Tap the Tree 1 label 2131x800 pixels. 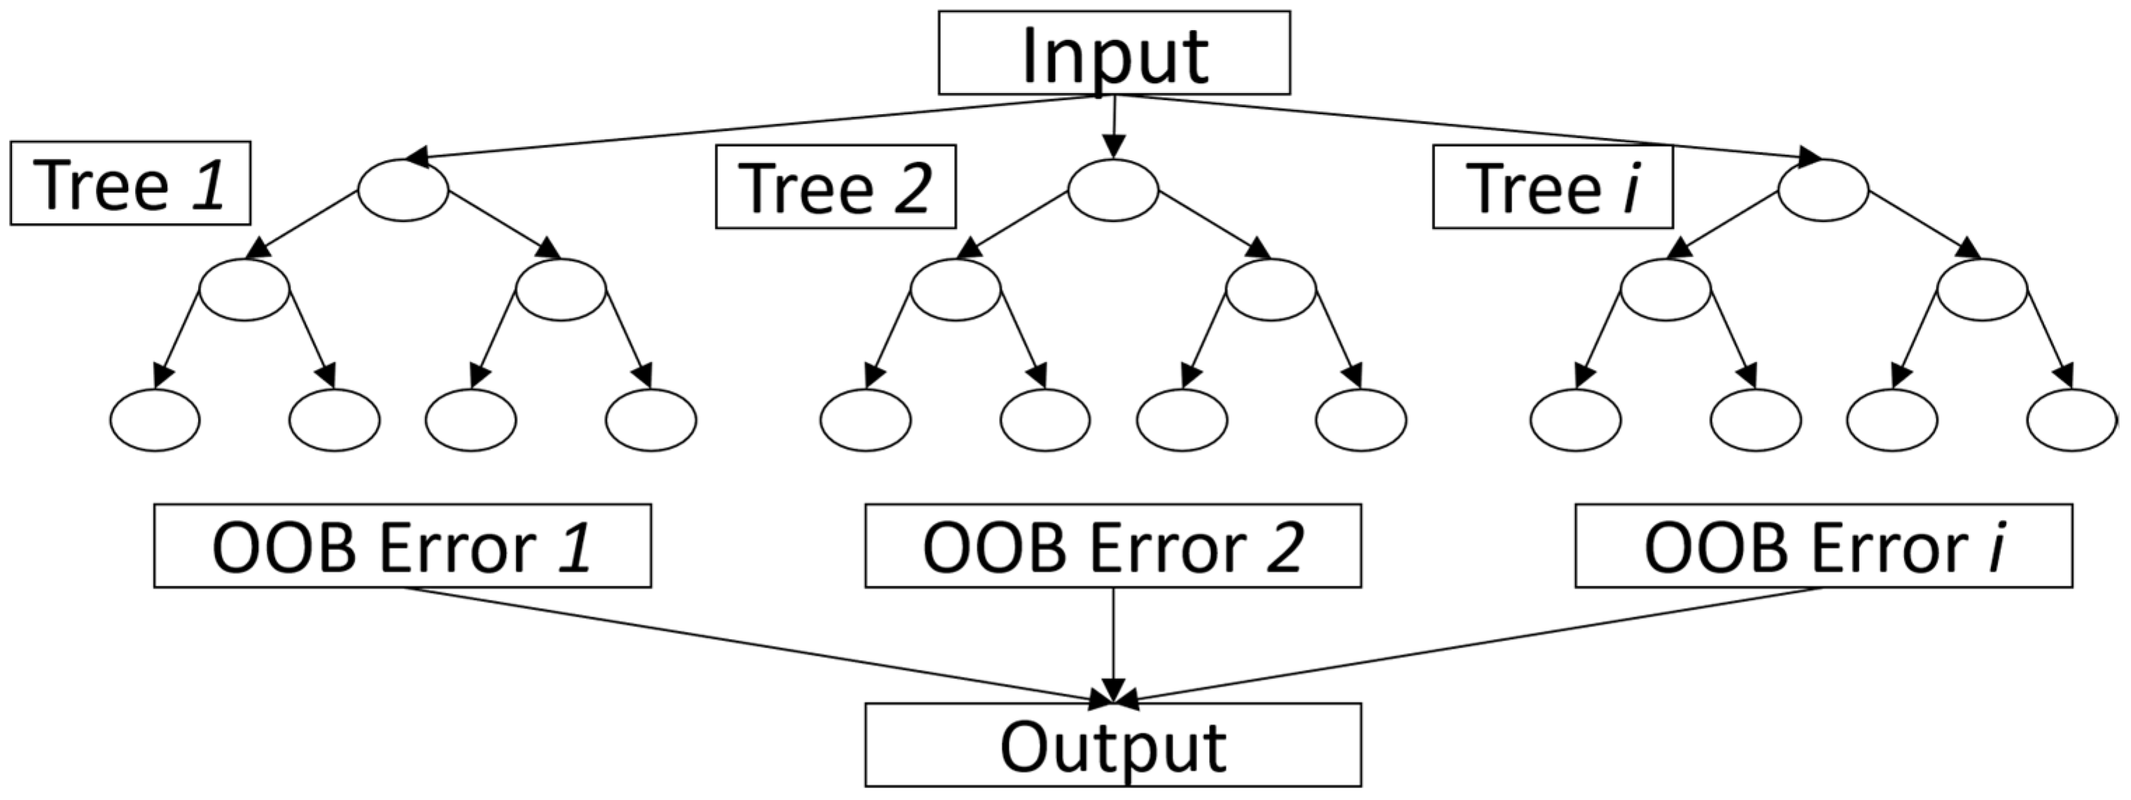pyautogui.click(x=130, y=183)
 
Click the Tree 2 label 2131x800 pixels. pyautogui.click(x=835, y=186)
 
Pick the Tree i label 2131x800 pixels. pyautogui.click(x=1552, y=186)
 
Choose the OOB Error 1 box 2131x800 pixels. pyautogui.click(x=402, y=546)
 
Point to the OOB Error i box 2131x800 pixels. pyautogui.click(x=1823, y=546)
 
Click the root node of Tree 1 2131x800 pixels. pyautogui.click(x=403, y=190)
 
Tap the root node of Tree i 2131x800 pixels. pyautogui.click(x=1823, y=190)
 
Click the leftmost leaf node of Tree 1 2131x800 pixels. pyautogui.click(x=155, y=419)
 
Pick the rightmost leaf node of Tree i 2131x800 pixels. pyautogui.click(x=2071, y=419)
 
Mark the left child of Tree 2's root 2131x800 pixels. pyautogui.click(x=956, y=290)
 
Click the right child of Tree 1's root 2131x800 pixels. pyautogui.click(x=561, y=290)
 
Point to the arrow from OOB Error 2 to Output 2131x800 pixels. pyautogui.click(x=1114, y=645)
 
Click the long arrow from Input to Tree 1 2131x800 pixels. pyautogui.click(x=745, y=127)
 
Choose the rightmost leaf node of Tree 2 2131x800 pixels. pyautogui.click(x=1361, y=419)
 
